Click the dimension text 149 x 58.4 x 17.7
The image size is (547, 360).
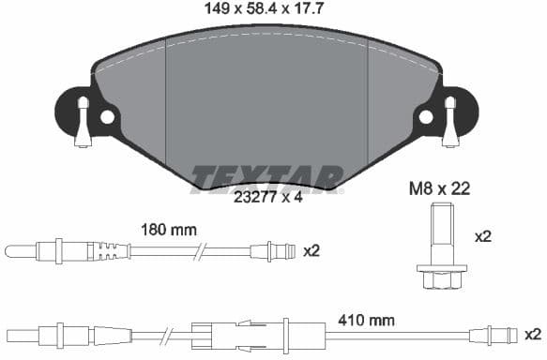[269, 10]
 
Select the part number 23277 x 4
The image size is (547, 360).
[268, 198]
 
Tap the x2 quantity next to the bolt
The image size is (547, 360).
[483, 237]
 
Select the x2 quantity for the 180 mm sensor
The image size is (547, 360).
[312, 250]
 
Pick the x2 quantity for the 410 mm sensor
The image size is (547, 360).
[532, 334]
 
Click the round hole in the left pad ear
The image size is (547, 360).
[107, 117]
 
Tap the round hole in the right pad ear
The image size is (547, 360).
[426, 117]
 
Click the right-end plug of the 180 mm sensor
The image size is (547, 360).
[271, 250]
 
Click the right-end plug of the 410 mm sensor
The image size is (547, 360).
[494, 334]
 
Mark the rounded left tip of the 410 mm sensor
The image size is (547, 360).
[11, 334]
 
